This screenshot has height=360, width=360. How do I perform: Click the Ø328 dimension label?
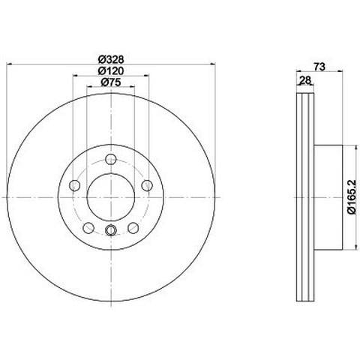(x=111, y=59)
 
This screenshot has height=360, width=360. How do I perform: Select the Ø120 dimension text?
(x=111, y=71)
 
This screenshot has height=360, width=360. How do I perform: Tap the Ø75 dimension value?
(x=111, y=82)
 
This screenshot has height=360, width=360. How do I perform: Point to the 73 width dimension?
(x=319, y=67)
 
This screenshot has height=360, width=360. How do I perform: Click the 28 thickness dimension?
(x=305, y=80)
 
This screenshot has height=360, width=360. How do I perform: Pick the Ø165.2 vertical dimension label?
(x=352, y=197)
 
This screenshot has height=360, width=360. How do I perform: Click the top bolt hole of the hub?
(x=111, y=159)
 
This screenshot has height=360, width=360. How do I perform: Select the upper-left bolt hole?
(x=74, y=185)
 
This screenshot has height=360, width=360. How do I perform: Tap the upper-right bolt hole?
(x=147, y=185)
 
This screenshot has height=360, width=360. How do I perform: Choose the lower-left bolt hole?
(x=88, y=228)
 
